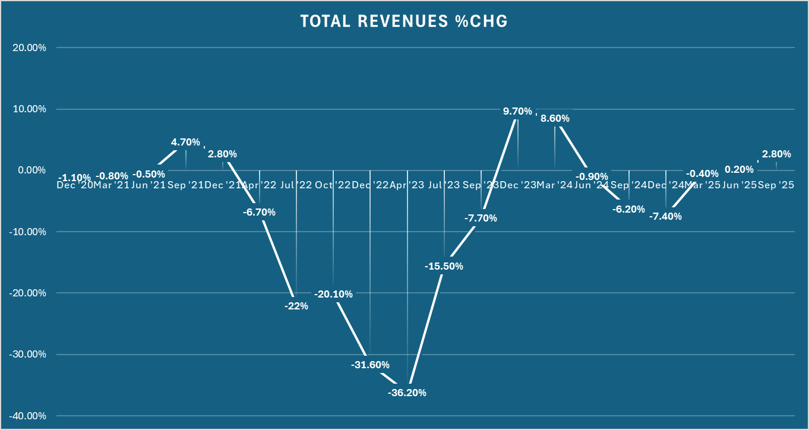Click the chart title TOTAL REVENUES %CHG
point(404,21)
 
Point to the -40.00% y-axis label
point(29,416)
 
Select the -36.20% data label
point(407,393)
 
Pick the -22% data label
point(296,306)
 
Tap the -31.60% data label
point(370,364)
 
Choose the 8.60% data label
point(555,118)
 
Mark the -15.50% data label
point(444,266)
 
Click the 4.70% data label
point(185,143)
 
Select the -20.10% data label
point(333,293)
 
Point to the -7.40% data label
point(665,216)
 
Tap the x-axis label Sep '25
point(776,185)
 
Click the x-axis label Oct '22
point(333,185)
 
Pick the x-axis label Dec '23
point(517,185)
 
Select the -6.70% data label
point(259,211)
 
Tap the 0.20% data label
point(739,169)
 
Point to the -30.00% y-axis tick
point(29,355)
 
